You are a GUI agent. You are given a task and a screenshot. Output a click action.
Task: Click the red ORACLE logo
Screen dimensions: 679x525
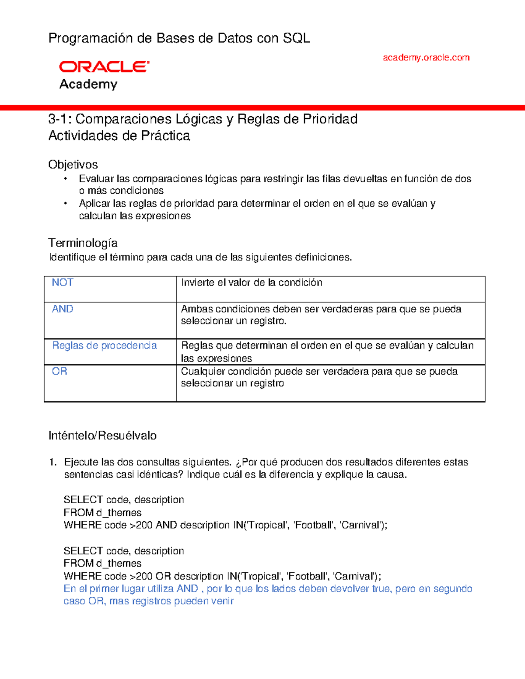tap(104, 66)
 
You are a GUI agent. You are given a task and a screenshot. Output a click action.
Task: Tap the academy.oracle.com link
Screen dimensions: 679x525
tap(426, 57)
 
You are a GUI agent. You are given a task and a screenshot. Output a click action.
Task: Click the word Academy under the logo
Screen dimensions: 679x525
tap(88, 84)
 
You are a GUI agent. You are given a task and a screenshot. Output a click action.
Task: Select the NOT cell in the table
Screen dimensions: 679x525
tap(63, 282)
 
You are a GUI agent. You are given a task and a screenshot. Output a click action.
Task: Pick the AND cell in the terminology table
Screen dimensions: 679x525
tap(63, 309)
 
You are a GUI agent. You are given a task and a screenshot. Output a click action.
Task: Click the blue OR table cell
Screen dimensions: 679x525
tap(59, 371)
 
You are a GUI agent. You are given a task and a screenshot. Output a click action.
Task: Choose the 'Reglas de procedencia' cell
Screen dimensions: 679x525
tap(104, 345)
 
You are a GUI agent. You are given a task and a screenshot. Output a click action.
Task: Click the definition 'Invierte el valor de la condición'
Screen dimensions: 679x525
tap(252, 282)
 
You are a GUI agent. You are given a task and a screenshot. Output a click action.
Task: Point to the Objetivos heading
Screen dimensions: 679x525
tap(73, 164)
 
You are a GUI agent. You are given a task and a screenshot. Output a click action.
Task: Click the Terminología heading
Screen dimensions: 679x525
tap(83, 243)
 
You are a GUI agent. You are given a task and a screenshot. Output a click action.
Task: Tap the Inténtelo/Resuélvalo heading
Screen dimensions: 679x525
tap(102, 435)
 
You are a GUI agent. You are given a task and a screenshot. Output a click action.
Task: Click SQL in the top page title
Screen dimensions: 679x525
tap(296, 38)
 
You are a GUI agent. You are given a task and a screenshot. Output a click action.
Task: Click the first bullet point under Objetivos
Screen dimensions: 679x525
tap(66, 178)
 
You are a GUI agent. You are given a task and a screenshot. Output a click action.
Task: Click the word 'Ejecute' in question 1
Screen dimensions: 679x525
tap(81, 462)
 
